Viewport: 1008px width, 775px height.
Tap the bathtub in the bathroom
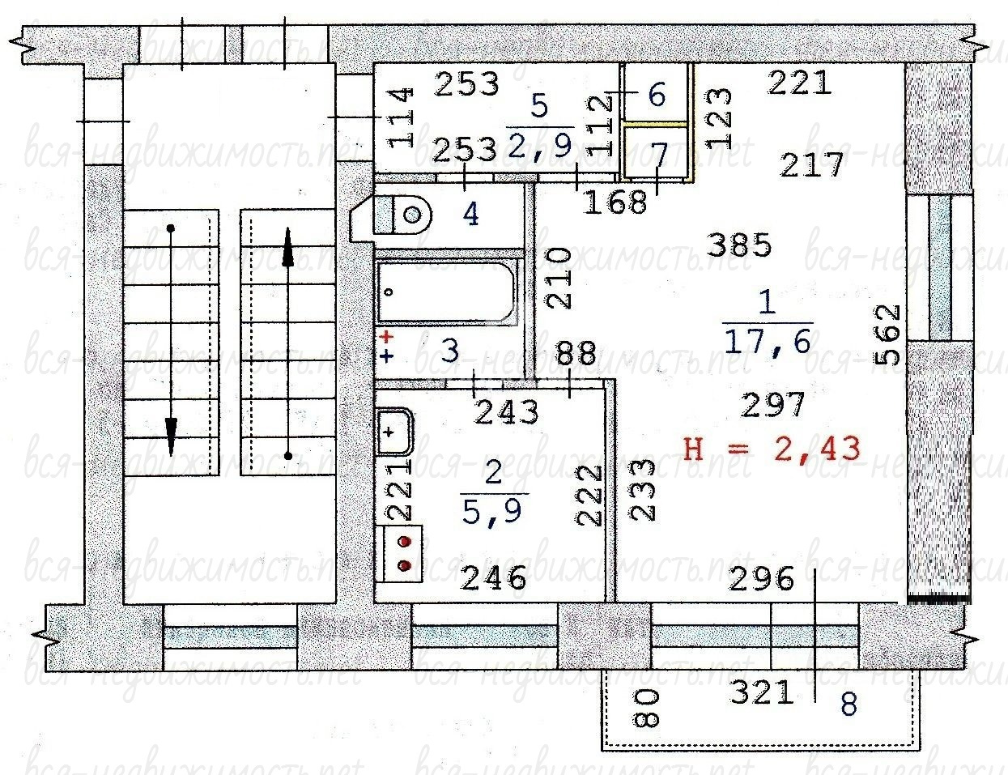coord(446,292)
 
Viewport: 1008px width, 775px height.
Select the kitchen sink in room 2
coord(395,432)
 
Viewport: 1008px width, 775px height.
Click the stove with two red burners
coord(402,553)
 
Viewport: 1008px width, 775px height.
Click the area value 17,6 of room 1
coord(767,342)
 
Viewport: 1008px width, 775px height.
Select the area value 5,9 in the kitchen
coord(492,511)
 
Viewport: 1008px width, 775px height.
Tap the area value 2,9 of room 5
coord(539,145)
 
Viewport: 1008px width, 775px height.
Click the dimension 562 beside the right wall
coord(887,334)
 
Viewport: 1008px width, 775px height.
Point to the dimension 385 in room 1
coord(739,245)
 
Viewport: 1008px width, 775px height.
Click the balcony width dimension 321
coord(761,692)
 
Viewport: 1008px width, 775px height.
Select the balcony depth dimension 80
coord(645,707)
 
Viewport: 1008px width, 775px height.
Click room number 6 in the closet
coord(657,95)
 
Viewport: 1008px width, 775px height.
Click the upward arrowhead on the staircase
coord(288,247)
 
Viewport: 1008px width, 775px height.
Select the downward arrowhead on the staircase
coord(171,436)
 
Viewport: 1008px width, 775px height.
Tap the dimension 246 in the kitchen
coord(494,578)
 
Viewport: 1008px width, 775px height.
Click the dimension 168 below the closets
coord(615,202)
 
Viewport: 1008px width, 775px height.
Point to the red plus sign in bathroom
coord(386,337)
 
